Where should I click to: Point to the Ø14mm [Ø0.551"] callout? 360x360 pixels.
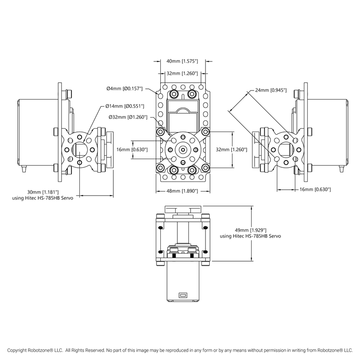[x=125, y=106]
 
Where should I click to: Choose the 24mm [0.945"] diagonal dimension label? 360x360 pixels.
[x=270, y=90]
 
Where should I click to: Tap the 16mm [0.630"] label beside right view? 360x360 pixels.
[x=315, y=189]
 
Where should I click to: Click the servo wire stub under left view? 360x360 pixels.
[x=24, y=170]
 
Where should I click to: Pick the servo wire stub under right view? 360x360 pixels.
[x=341, y=170]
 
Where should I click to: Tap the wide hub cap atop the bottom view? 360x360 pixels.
[x=183, y=209]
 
